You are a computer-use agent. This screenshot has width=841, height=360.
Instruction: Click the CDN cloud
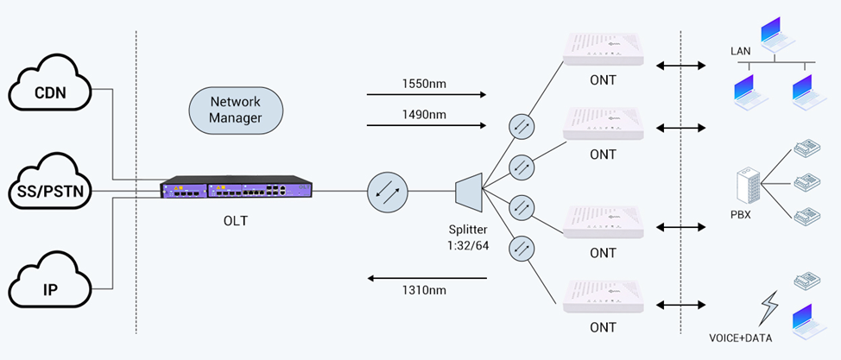(53, 88)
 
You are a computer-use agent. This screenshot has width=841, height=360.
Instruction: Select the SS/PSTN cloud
(52, 189)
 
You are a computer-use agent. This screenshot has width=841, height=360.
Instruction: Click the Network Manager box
(236, 110)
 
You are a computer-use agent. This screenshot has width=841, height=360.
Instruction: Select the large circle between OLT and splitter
(387, 192)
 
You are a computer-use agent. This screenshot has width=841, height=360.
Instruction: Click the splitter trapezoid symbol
(468, 190)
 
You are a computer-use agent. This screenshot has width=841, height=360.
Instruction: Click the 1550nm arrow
(427, 94)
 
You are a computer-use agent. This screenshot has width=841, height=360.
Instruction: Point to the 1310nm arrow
(427, 279)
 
